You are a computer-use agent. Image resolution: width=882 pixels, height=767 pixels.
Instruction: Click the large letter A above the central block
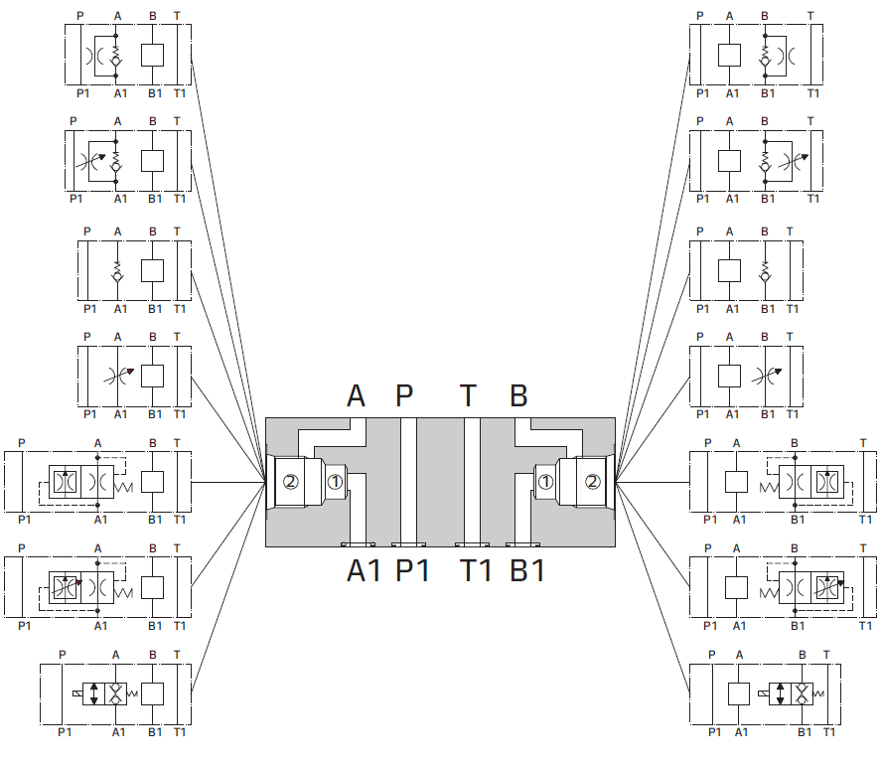click(x=357, y=395)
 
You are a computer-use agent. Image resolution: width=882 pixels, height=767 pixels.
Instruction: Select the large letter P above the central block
click(x=404, y=395)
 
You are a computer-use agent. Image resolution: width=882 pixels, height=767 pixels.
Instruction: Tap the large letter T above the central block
click(x=468, y=395)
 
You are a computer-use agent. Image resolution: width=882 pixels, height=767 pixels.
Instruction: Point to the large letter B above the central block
click(x=518, y=395)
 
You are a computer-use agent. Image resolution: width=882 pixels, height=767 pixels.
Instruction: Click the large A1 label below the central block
click(x=365, y=571)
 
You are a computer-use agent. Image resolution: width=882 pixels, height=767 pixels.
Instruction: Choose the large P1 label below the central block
click(x=413, y=571)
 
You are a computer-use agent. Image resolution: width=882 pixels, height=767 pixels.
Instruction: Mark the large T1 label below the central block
click(x=476, y=571)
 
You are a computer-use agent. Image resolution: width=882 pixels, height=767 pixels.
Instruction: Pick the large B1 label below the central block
click(x=527, y=571)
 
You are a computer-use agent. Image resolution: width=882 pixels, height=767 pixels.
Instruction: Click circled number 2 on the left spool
click(x=290, y=483)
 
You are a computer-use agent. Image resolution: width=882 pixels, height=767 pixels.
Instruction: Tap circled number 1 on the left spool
click(x=335, y=483)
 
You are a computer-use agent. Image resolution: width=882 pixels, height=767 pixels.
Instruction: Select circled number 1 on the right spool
click(x=546, y=483)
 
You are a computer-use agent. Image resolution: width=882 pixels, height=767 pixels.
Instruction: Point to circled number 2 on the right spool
click(x=592, y=483)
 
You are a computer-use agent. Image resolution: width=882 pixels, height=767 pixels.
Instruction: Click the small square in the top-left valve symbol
click(x=152, y=55)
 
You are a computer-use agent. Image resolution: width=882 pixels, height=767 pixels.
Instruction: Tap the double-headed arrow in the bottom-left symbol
click(x=94, y=693)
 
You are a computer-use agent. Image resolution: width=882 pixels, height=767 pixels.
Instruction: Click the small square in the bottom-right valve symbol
click(x=739, y=693)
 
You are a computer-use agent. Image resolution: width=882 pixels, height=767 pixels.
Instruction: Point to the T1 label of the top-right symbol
click(x=813, y=93)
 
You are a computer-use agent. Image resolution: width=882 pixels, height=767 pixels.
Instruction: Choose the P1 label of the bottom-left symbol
click(x=66, y=732)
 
